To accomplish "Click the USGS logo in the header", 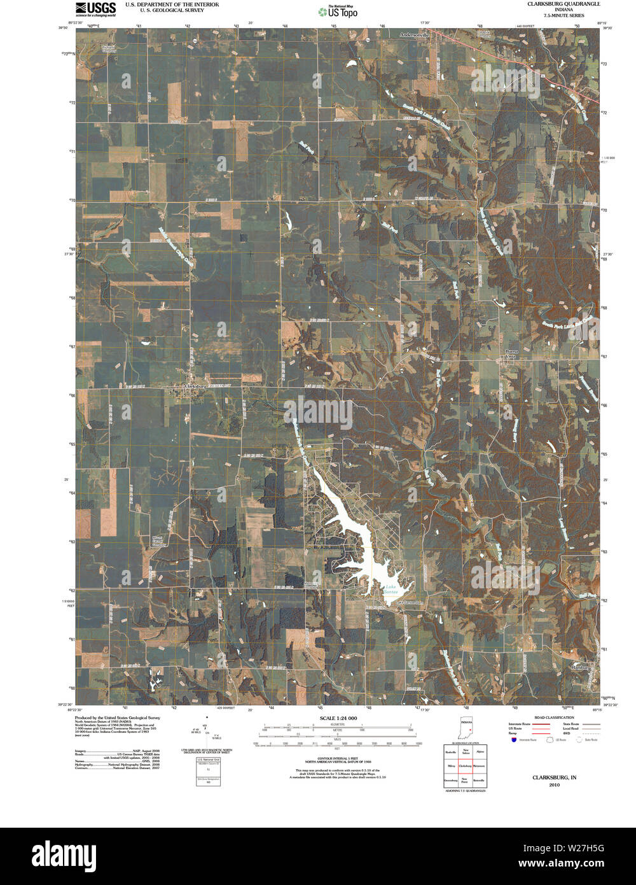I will (x=95, y=8).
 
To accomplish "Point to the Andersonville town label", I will (x=415, y=36).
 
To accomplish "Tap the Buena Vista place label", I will (x=511, y=354).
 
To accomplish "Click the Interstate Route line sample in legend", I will (x=541, y=725).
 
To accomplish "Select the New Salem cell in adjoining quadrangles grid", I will (x=466, y=753).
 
